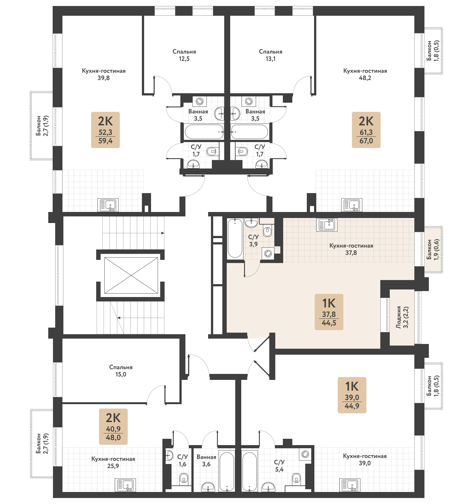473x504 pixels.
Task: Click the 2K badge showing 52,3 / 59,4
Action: click(105, 130)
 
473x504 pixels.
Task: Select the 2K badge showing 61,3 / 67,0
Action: click(366, 130)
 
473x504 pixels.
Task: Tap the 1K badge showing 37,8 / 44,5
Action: click(329, 312)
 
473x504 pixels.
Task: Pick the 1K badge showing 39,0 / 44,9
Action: click(352, 395)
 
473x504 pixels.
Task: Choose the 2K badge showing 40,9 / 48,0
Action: click(113, 427)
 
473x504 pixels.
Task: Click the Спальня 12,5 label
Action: click(184, 55)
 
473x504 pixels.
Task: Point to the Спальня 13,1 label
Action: click(271, 55)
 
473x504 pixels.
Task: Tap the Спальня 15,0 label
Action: click(121, 371)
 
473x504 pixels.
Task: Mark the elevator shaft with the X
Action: click(131, 276)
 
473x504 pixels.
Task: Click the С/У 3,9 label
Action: click(253, 241)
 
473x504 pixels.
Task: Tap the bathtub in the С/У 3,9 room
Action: click(235, 238)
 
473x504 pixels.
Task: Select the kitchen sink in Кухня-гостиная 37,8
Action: click(327, 225)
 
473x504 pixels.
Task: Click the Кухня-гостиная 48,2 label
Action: click(365, 74)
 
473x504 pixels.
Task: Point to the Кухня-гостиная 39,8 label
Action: click(103, 74)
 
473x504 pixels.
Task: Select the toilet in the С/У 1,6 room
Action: click(184, 479)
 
